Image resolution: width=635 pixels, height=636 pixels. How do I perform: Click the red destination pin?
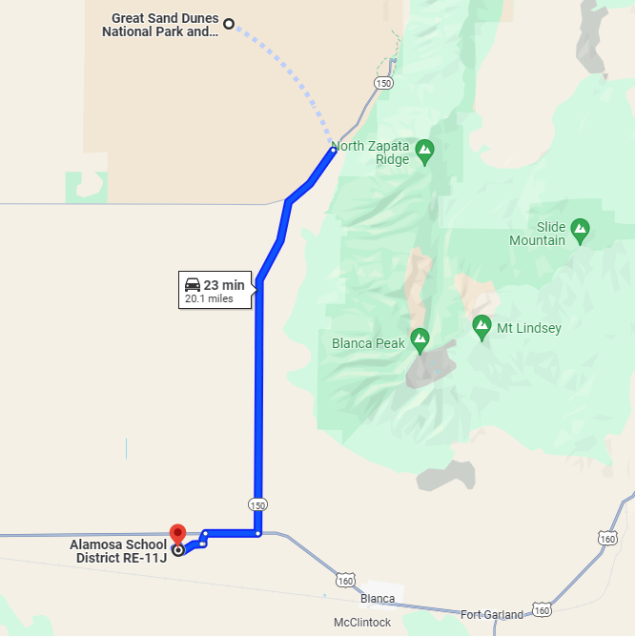[x=176, y=536]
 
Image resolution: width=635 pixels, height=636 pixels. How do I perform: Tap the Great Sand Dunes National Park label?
[x=162, y=25]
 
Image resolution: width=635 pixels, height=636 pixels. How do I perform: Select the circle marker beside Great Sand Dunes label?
[x=229, y=23]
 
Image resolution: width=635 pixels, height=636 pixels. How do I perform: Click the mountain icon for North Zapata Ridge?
[x=424, y=149]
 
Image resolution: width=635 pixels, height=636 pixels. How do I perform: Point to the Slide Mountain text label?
[x=550, y=234]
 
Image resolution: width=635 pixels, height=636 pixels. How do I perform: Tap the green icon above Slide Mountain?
[x=580, y=228]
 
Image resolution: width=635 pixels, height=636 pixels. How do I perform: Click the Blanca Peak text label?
[x=369, y=343]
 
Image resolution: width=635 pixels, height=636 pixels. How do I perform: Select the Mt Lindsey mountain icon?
[x=482, y=327]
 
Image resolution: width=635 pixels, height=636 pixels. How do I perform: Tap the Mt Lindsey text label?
[x=529, y=328]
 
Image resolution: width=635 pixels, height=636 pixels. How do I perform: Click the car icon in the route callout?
[x=193, y=284]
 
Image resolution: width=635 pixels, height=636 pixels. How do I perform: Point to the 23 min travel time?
[x=224, y=285]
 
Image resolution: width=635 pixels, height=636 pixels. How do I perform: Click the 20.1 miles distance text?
[x=209, y=298]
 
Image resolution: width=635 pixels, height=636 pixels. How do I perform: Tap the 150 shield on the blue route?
[x=257, y=503]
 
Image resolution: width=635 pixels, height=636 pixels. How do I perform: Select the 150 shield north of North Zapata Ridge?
[x=383, y=83]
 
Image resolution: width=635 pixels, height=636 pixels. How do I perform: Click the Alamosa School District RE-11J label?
[x=119, y=551]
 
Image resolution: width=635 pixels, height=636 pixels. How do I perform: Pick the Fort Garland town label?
[x=492, y=614]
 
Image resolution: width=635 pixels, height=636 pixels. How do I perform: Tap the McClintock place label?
[x=362, y=623]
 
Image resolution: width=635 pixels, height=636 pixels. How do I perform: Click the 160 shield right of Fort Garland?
[x=542, y=609]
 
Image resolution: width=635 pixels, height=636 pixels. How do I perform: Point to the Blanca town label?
[x=378, y=599]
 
